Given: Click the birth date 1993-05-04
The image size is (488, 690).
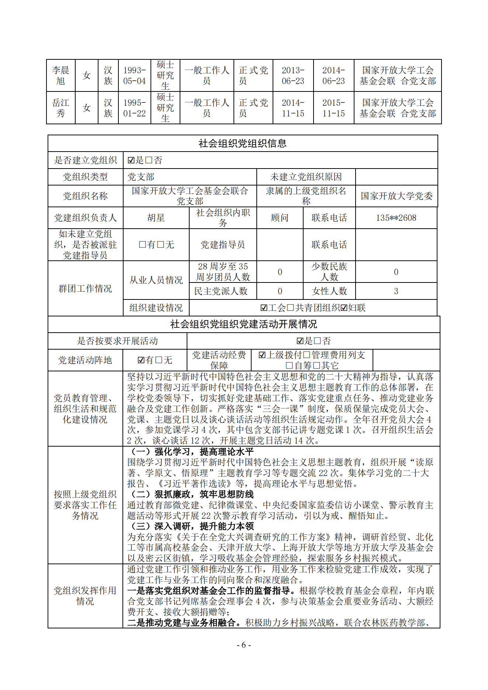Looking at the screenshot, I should click(134, 76).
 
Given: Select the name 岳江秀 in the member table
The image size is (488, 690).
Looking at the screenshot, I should click(60, 108).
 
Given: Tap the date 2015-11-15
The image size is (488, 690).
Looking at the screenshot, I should click(333, 108).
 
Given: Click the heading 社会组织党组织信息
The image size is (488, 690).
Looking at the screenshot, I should click(242, 143).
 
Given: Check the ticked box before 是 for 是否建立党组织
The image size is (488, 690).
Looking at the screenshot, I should click(131, 160).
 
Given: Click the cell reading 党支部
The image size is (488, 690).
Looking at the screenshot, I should click(141, 177).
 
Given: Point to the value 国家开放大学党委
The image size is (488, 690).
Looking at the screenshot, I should click(396, 196).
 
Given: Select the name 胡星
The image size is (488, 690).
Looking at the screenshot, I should click(156, 218).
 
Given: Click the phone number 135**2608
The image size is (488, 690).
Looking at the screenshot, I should click(396, 218).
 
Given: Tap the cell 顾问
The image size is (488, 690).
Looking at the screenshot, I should click(280, 218).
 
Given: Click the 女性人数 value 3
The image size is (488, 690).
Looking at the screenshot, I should click(396, 291).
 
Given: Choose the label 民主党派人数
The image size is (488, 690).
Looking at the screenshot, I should click(221, 291).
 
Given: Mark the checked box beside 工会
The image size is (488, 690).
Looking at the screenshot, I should click(263, 308).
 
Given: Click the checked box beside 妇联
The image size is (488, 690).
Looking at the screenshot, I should click(344, 308).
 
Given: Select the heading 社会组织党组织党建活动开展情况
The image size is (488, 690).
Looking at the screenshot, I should click(243, 324).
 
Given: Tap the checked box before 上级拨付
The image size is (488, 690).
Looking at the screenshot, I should click(262, 355).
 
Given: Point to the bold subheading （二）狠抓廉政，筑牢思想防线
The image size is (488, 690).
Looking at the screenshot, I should click(191, 494).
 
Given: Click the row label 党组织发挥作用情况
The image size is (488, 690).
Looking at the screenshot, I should click(85, 596).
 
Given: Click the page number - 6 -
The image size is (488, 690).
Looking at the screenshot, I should click(243, 645).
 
